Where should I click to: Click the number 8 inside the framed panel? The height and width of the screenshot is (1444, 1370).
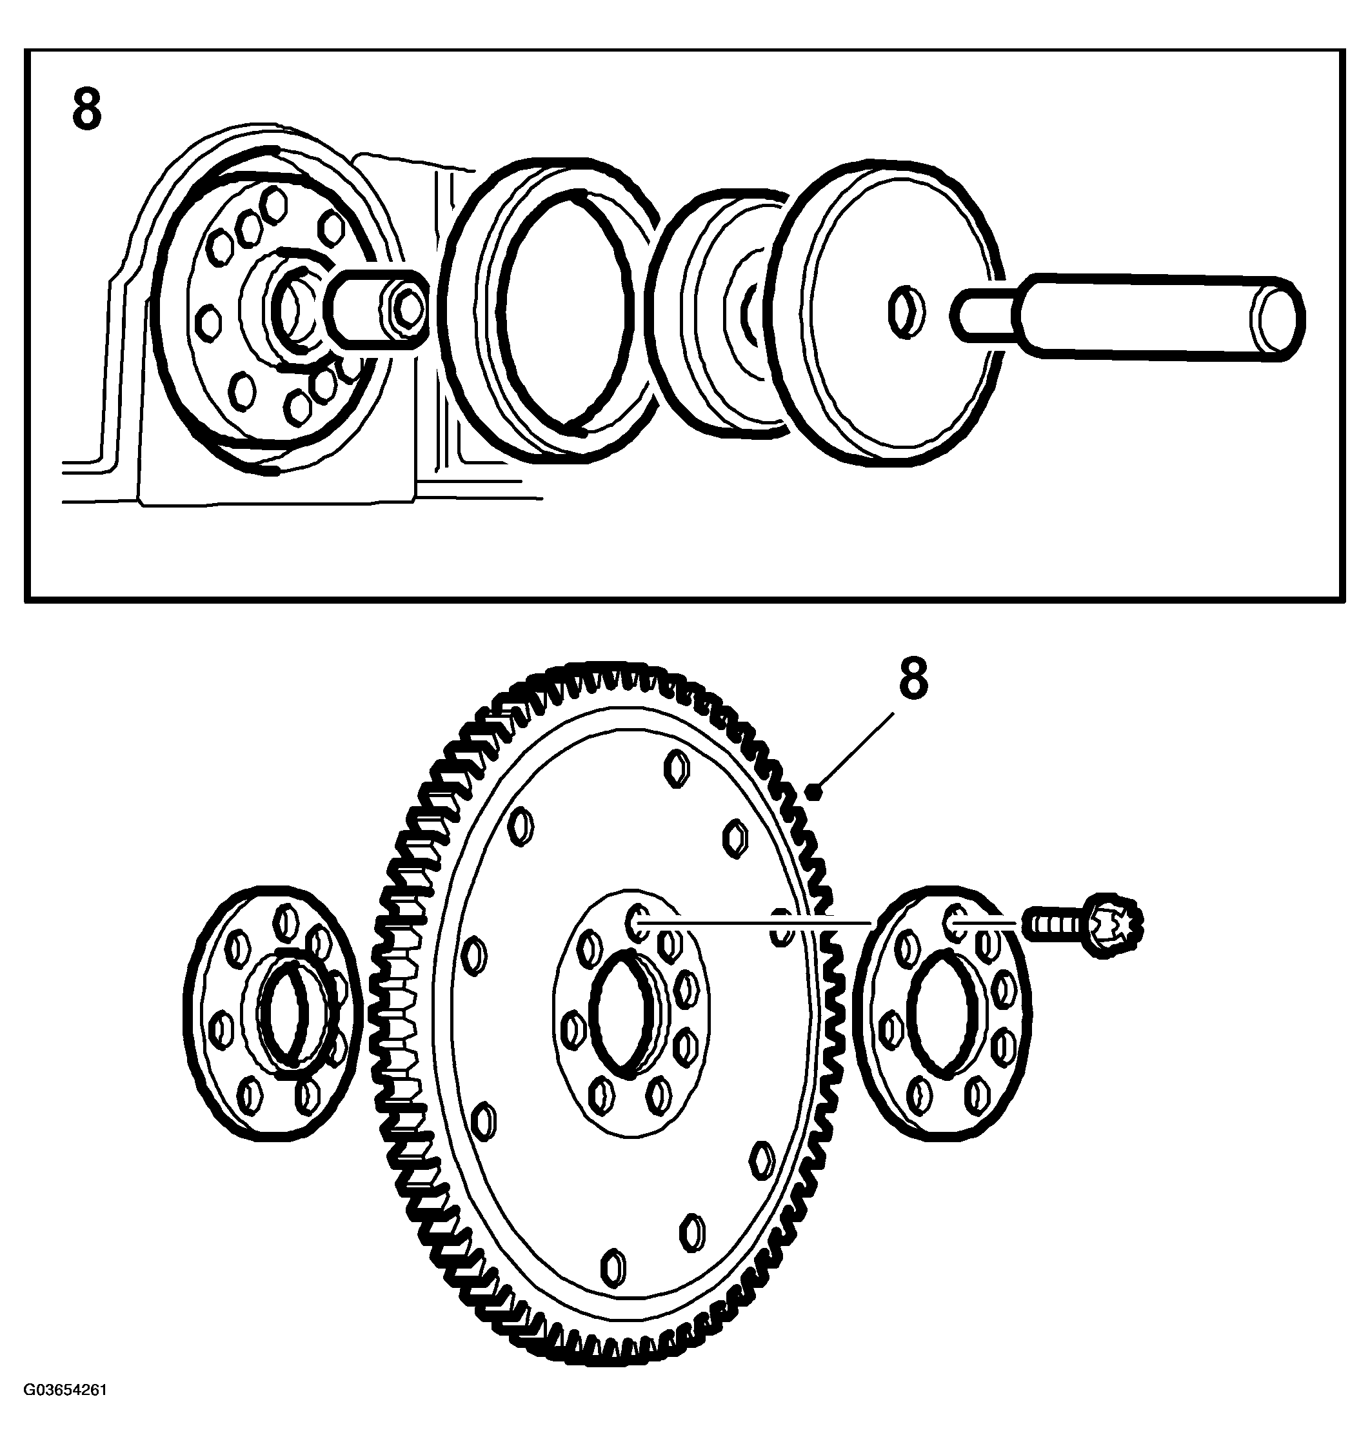[87, 110]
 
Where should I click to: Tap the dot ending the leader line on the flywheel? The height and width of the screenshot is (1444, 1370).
[816, 790]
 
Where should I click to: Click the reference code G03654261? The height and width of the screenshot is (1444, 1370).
[65, 1410]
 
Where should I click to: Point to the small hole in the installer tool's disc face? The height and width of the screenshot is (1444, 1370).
[906, 312]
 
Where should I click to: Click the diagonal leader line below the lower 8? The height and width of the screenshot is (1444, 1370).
[854, 753]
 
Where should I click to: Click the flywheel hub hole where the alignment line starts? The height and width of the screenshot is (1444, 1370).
[637, 923]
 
